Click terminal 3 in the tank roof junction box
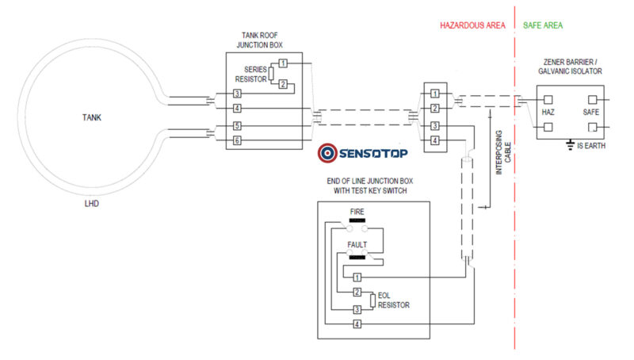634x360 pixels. point(236,94)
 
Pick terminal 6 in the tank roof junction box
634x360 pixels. point(236,140)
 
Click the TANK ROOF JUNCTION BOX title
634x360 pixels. point(261,40)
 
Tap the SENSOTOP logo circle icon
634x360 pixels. point(327,153)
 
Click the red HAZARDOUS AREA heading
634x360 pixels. point(472,26)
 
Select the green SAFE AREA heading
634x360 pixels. point(543,26)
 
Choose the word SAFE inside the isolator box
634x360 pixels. point(592,113)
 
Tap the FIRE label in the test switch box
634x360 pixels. point(357,212)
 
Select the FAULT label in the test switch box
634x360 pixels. point(358,245)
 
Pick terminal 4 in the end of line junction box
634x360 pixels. point(357,324)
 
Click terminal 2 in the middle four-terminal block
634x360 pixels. point(433,108)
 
